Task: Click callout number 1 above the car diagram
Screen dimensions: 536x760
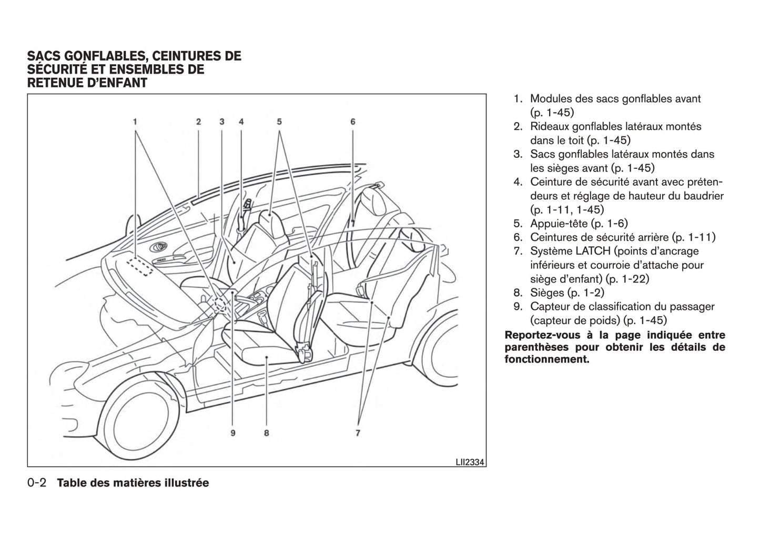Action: pyautogui.click(x=135, y=122)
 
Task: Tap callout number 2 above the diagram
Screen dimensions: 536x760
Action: pyautogui.click(x=199, y=122)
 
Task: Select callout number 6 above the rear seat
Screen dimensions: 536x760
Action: pyautogui.click(x=353, y=122)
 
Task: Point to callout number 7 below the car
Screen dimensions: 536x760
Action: pyautogui.click(x=358, y=433)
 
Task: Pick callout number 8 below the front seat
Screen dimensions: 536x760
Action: pyautogui.click(x=267, y=433)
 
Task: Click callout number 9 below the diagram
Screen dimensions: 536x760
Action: pyautogui.click(x=232, y=433)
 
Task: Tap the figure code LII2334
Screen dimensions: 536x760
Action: pyautogui.click(x=470, y=462)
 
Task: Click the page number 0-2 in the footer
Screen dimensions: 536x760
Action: pyautogui.click(x=37, y=483)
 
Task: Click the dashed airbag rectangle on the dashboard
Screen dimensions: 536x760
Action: pyautogui.click(x=140, y=266)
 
